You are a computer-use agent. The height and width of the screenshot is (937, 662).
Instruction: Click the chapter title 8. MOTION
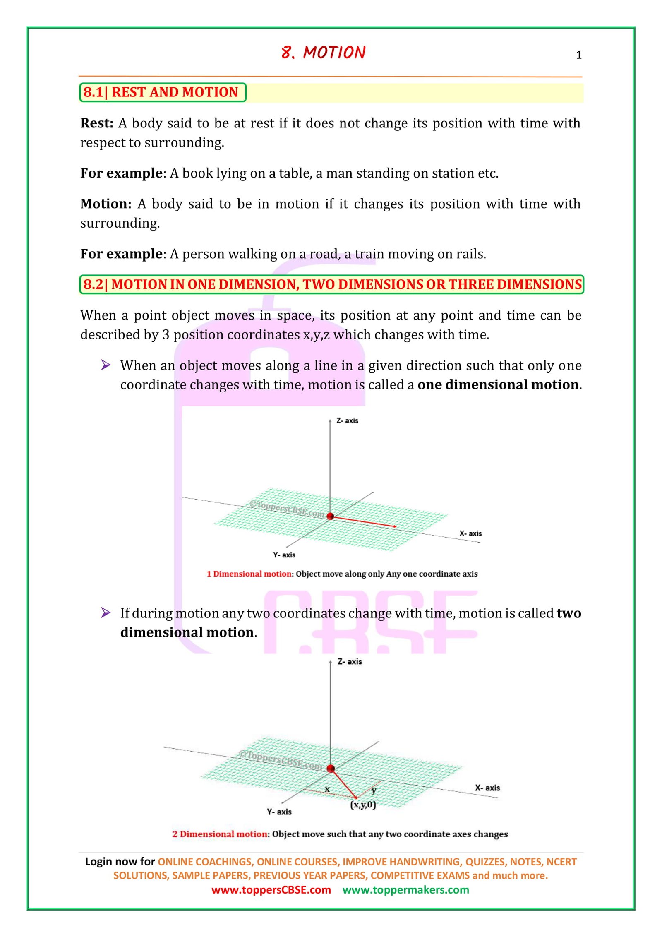[323, 53]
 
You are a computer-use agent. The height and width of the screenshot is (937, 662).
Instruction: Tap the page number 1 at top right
[578, 55]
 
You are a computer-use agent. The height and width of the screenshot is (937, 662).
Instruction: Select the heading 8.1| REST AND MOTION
[161, 92]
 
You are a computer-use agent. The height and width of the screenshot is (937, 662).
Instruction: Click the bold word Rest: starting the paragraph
[96, 123]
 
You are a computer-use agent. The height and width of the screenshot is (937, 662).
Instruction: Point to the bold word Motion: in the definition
[106, 204]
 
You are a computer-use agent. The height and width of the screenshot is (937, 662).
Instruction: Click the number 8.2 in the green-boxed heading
[93, 285]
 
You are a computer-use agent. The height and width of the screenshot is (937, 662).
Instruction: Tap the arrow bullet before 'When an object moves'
[106, 365]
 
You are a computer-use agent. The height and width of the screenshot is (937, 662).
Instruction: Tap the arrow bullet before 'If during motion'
[106, 613]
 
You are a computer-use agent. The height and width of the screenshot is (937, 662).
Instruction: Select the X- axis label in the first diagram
[470, 533]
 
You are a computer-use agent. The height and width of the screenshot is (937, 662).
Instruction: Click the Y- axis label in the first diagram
[284, 555]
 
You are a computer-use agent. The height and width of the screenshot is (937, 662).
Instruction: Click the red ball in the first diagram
[330, 516]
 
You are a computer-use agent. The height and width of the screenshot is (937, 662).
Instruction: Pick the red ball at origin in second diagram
[330, 769]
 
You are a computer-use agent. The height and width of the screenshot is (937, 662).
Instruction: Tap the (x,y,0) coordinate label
[363, 805]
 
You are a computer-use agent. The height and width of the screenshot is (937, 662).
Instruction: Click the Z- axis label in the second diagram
[349, 662]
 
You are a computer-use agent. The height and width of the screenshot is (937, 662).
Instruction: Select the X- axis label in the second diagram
[487, 788]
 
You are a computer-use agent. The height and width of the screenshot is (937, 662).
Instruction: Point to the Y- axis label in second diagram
[279, 812]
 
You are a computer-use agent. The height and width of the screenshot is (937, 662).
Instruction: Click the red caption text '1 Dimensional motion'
[249, 574]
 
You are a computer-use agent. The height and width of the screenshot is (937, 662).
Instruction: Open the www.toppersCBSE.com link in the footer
[271, 890]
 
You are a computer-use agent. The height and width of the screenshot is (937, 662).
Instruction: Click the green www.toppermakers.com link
[405, 890]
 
